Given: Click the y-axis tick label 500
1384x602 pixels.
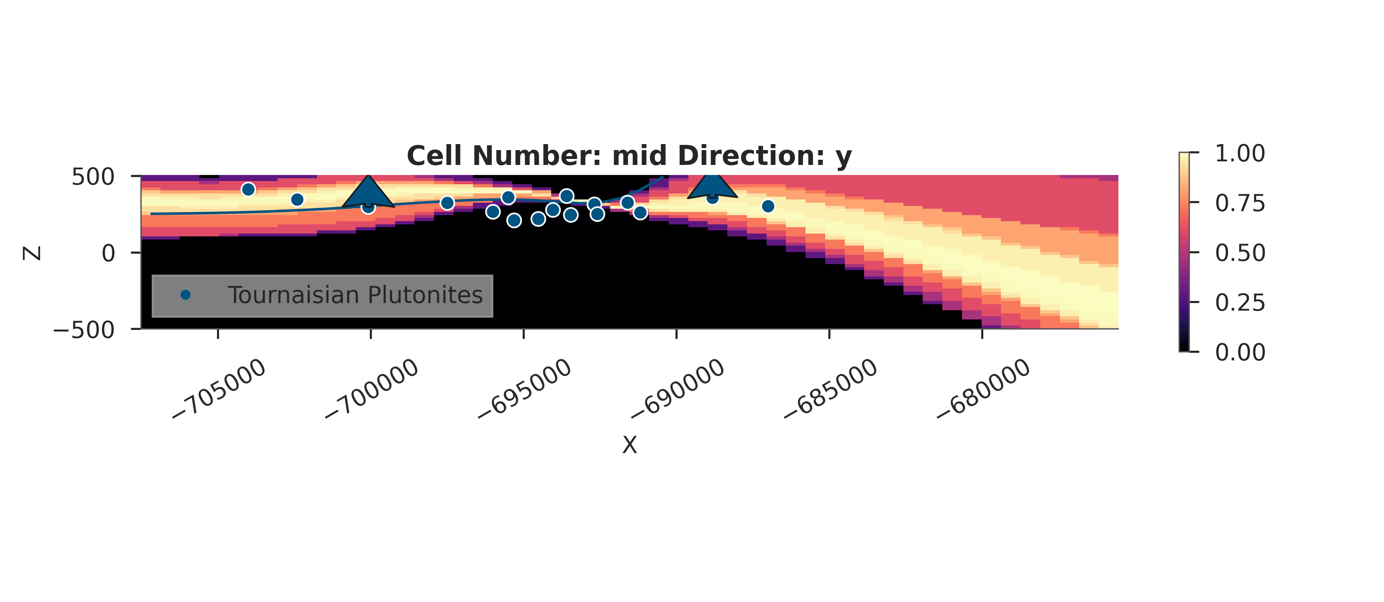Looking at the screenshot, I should (93, 177).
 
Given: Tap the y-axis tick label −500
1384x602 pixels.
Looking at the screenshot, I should (84, 329).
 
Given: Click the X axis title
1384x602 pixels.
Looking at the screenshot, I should (629, 445).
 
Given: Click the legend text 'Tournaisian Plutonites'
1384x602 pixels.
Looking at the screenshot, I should (355, 295).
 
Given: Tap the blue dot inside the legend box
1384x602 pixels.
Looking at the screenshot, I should (185, 295).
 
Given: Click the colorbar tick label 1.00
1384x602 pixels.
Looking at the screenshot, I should (1240, 154).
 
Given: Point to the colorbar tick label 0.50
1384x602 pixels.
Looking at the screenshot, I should (1240, 252).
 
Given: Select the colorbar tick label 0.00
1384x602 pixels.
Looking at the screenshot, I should (1240, 352).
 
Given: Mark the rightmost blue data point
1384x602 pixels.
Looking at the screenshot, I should (768, 206).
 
